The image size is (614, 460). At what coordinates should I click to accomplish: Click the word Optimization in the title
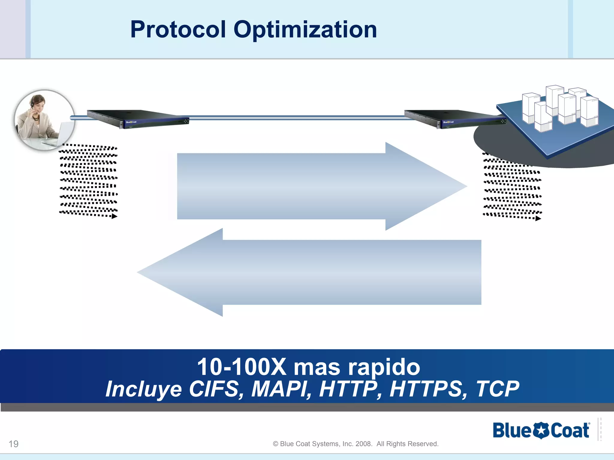click(x=305, y=30)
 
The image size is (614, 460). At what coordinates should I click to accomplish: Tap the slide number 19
click(x=13, y=444)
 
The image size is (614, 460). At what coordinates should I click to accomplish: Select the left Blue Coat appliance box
click(x=138, y=119)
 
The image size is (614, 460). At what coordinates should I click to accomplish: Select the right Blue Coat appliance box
click(x=455, y=119)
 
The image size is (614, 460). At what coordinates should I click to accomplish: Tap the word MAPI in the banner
click(x=281, y=389)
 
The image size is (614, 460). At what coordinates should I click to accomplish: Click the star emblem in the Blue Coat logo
click(x=541, y=431)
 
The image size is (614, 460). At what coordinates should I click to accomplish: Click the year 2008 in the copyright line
click(x=363, y=444)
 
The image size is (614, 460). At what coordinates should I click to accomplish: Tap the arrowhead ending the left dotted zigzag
click(x=115, y=216)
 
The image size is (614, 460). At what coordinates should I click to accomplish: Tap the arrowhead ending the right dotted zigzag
click(x=538, y=219)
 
